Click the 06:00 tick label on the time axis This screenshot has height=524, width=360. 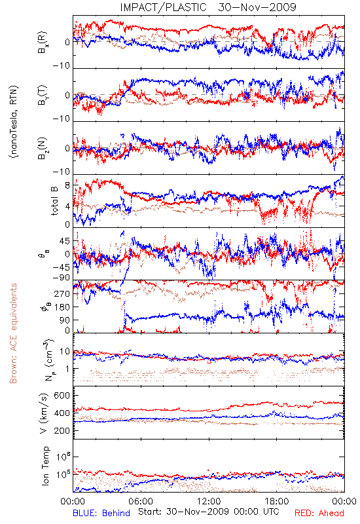[x=141, y=501]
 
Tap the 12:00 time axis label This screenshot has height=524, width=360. [x=209, y=501]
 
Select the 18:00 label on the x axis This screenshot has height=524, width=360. [x=277, y=501]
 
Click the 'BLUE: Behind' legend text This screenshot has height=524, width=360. [x=101, y=513]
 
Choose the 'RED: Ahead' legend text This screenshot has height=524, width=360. [x=319, y=513]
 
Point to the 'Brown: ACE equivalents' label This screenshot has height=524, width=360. [x=13, y=333]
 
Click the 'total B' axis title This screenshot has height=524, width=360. [x=54, y=200]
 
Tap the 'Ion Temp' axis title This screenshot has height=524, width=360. [x=45, y=466]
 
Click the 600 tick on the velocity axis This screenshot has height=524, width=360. [x=62, y=396]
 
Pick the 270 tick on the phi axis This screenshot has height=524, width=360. [x=62, y=293]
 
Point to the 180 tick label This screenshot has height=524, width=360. [x=62, y=307]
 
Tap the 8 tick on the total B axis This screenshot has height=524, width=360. [x=67, y=185]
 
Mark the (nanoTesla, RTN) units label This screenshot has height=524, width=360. [x=14, y=122]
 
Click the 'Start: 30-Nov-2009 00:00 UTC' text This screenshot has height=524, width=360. [x=209, y=512]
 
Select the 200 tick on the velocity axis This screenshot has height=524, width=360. [x=62, y=430]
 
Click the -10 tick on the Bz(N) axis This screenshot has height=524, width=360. [x=62, y=172]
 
